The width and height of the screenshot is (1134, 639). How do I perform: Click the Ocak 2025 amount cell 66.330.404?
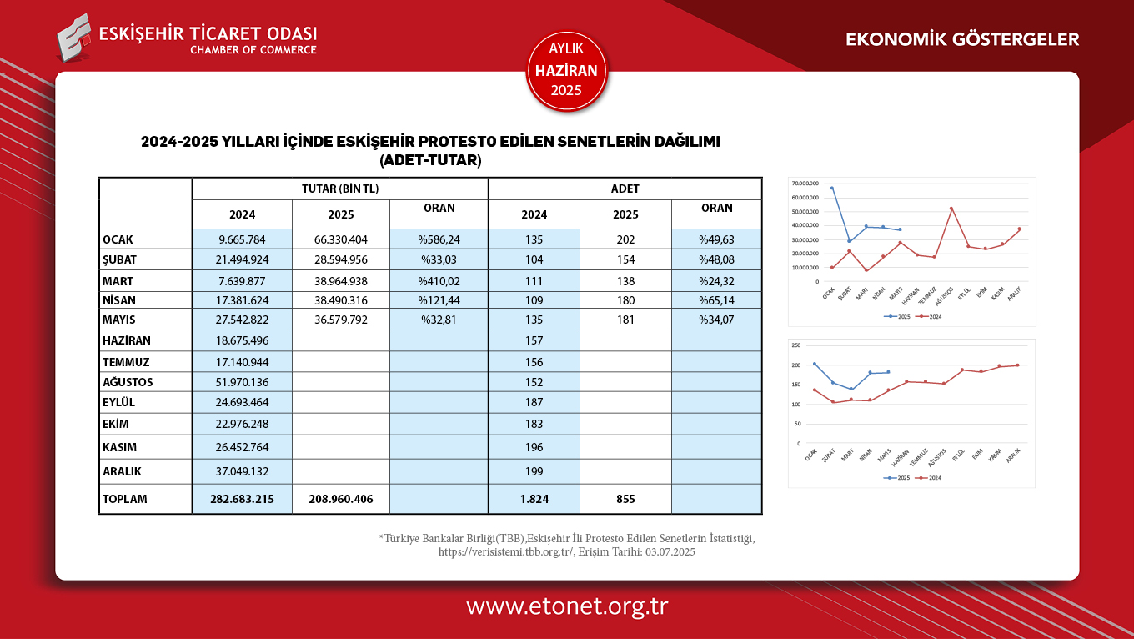pos(340,239)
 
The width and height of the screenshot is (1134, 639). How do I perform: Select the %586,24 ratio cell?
pos(439,239)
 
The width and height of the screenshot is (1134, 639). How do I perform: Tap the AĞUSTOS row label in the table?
pos(128,382)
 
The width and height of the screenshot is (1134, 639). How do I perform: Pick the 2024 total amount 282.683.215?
pos(242,499)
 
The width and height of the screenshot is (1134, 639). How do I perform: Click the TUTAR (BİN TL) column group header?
pos(340,189)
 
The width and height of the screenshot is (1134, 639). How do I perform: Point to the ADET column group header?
pos(625,189)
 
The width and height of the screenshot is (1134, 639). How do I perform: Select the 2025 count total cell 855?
pos(625,499)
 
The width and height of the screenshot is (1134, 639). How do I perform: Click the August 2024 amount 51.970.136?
pos(242,382)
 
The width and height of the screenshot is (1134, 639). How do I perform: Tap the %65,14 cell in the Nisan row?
pos(716,300)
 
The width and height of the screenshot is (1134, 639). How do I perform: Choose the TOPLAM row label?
pos(124,499)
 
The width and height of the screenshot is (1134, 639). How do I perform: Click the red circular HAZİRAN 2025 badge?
pos(567,71)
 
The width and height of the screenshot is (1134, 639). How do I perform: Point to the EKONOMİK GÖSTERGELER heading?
pos(962,39)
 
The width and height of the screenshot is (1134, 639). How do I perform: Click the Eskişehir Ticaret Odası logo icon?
pos(74,38)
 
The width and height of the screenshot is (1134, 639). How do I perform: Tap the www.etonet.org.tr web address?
pos(567,606)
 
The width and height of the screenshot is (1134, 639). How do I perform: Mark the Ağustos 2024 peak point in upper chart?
pos(951,209)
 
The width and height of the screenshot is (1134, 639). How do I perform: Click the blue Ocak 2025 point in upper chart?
pos(832,188)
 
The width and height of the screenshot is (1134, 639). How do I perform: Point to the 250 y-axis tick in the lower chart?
pos(795,345)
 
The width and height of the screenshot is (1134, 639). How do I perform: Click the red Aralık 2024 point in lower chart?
pos(1017,365)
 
